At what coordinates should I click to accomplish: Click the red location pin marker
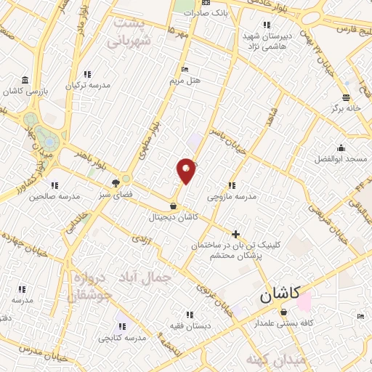pos(187,170)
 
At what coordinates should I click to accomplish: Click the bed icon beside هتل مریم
pos(185,69)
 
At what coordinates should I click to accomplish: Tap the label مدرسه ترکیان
pos(88,85)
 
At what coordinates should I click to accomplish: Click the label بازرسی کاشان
pos(26,92)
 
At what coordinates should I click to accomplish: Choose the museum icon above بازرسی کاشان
pos(25,79)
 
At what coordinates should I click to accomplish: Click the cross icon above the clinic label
pos(235,233)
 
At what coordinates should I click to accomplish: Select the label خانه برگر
pos(347,108)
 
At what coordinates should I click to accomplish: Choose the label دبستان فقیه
pos(190,325)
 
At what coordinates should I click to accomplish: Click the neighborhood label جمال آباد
pos(153,277)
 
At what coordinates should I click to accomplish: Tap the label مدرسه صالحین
pos(54,198)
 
